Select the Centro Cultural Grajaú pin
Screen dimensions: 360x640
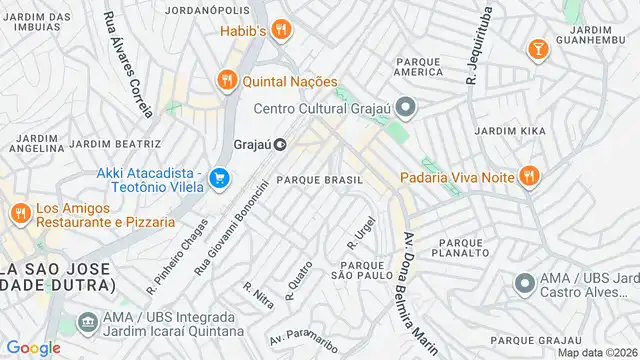[405, 106]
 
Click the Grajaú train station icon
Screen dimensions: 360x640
[281, 144]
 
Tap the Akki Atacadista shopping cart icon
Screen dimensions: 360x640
[219, 179]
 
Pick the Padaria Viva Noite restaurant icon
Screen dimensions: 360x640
[529, 177]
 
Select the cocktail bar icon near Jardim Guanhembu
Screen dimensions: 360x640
[538, 47]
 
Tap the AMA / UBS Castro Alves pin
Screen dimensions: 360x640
[523, 283]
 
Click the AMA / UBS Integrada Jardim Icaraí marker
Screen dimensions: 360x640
[85, 322]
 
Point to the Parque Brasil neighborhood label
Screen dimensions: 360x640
[319, 179]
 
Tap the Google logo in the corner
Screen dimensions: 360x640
[33, 347]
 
